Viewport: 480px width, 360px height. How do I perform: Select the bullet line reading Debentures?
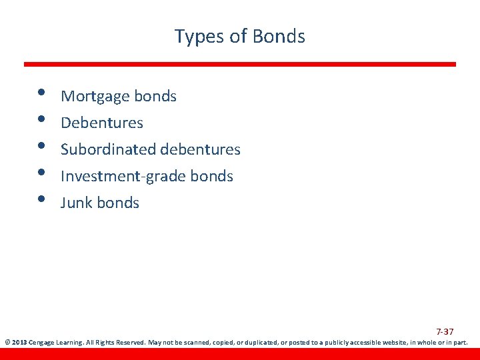(102, 123)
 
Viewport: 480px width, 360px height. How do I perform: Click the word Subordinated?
(107, 149)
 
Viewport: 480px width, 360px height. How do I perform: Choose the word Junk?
(76, 203)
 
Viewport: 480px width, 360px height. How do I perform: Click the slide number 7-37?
(445, 331)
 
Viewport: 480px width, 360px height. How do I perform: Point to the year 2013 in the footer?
(19, 343)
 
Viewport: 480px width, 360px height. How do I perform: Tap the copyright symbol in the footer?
(7, 343)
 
